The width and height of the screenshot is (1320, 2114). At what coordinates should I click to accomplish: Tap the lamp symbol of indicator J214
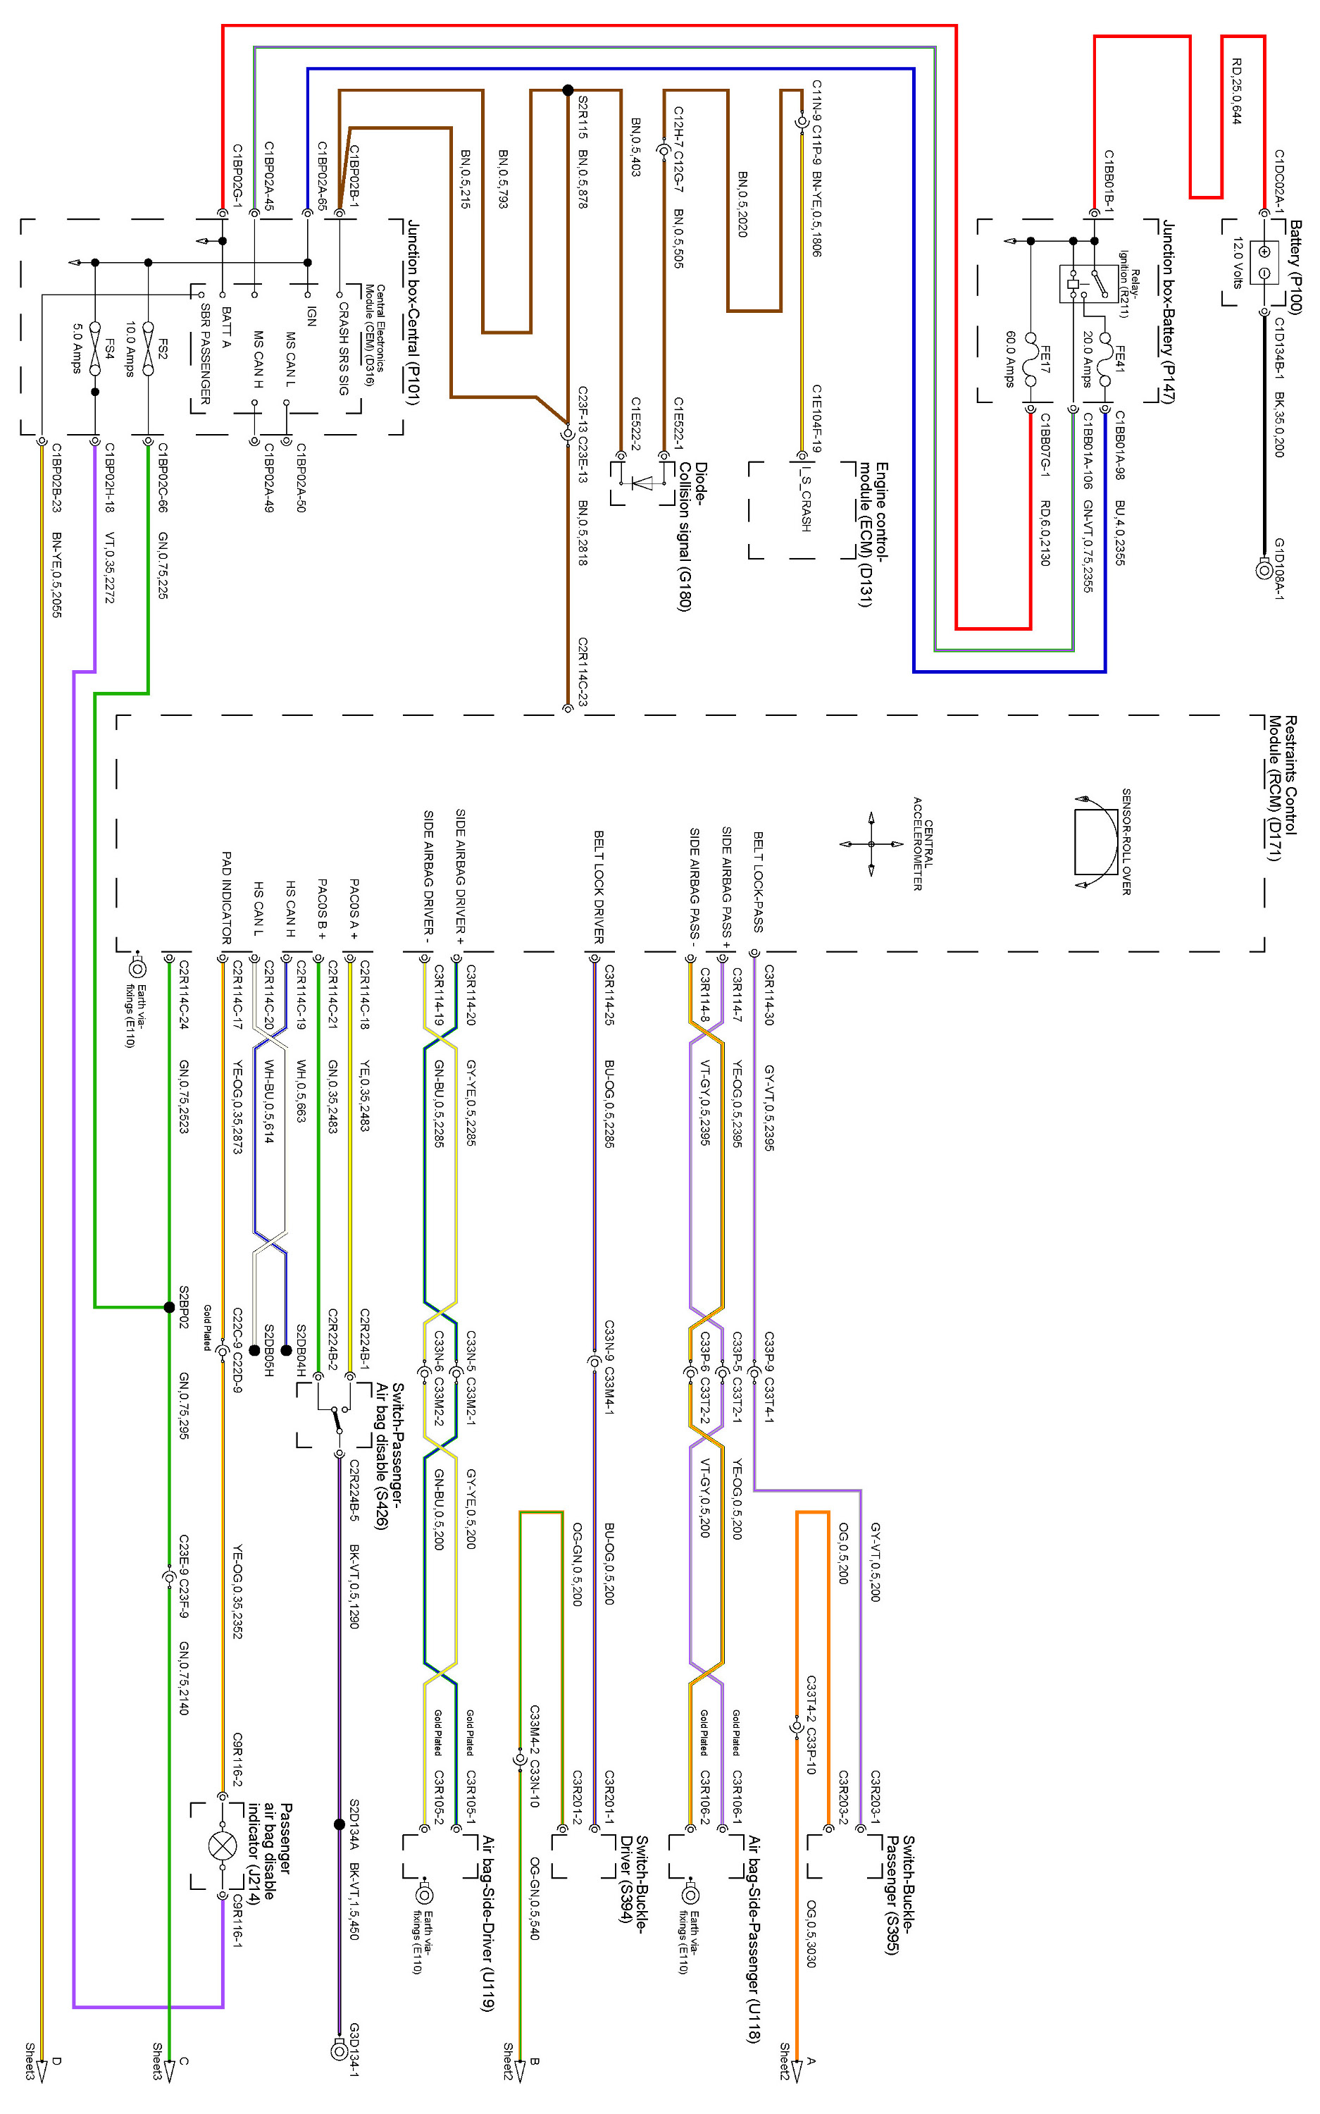[223, 1845]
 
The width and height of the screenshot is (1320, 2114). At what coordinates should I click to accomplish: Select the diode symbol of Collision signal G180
[642, 481]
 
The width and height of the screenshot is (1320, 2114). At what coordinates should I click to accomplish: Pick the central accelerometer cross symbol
[871, 844]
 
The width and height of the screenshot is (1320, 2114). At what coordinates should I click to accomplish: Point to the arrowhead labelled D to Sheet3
[41, 2066]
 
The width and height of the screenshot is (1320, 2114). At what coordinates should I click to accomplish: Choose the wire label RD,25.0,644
[1236, 91]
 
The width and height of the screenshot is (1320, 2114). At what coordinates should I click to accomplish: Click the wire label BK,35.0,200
[1279, 424]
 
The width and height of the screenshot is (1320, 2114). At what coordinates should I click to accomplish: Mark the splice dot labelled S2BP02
[169, 1307]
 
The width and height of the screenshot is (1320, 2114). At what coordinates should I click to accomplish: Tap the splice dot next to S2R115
[568, 90]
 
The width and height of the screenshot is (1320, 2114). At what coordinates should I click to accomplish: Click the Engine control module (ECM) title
[873, 533]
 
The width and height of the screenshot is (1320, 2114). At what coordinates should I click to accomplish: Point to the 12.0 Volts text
[1237, 262]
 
